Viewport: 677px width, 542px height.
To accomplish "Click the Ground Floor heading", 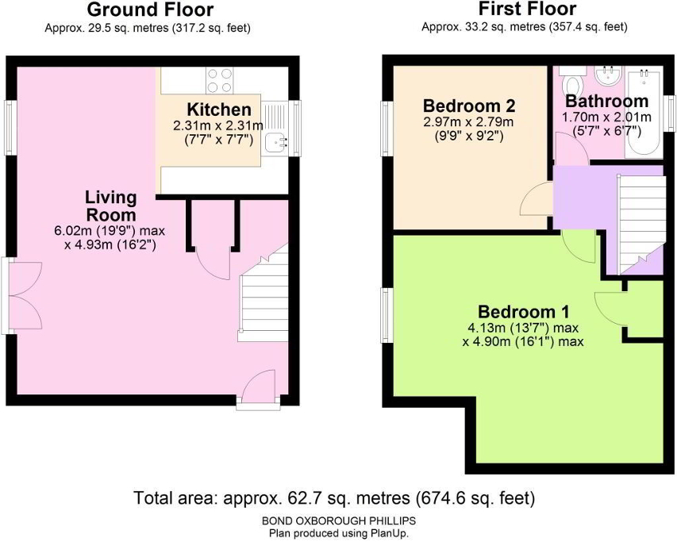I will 150,10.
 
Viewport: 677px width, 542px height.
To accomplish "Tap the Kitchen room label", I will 218,110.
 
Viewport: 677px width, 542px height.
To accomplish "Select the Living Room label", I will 111,206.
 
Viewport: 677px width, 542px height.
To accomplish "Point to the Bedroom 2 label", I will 469,106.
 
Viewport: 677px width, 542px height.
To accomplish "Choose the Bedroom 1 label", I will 523,312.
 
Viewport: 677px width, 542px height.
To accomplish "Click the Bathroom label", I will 606,102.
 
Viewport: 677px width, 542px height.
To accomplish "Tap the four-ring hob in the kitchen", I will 220,81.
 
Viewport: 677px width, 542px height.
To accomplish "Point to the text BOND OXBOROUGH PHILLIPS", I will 339,520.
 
